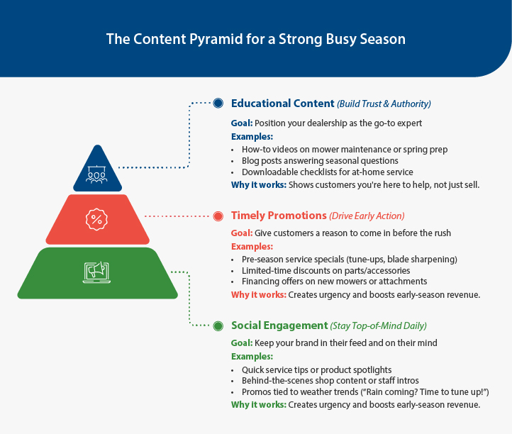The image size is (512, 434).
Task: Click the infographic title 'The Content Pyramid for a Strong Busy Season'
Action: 256,38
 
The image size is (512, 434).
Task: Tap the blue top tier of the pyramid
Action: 97,170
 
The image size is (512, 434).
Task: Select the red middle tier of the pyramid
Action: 97,219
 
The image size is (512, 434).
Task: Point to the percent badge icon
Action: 97,219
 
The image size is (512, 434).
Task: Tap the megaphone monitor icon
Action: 97,271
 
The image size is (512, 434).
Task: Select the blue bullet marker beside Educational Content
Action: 218,104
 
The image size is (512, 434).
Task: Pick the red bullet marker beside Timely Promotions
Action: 218,216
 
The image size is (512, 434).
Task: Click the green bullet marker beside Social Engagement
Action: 218,325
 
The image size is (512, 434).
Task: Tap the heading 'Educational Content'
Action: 282,104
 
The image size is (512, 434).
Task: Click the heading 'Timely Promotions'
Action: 278,216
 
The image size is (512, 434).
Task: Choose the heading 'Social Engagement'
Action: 279,325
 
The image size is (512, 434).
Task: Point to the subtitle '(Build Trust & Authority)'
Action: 384,104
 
